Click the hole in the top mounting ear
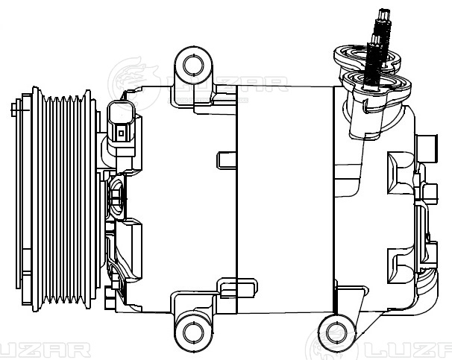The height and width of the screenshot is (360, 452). (x=192, y=65)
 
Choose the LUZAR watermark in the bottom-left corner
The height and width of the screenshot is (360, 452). (x=45, y=350)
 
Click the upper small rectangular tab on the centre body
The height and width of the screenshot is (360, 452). (x=226, y=160)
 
